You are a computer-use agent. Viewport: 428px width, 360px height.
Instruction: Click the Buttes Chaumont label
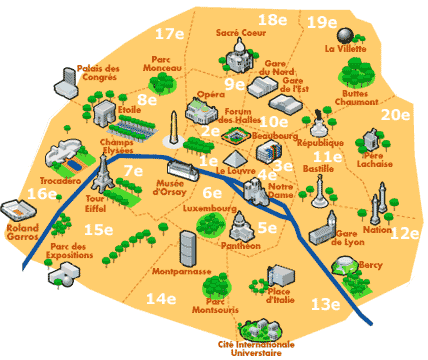tap(357, 95)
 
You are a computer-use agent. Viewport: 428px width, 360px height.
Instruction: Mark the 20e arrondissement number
tap(396, 113)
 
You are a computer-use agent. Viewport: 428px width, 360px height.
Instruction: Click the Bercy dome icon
tap(343, 266)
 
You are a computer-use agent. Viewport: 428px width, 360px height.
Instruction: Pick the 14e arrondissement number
tap(160, 298)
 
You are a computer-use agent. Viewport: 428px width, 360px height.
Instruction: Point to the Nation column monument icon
tap(376, 207)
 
